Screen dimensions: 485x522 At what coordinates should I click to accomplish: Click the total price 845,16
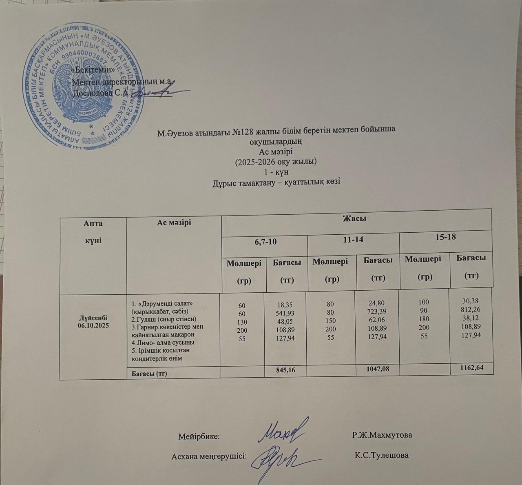pos(286,369)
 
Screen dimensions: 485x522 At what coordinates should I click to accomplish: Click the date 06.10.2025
pos(93,326)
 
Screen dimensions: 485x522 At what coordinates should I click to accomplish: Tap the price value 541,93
pos(285,313)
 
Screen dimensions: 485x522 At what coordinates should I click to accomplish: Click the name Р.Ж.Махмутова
pos(382,435)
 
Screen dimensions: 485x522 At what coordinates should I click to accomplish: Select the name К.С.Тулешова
pos(382,455)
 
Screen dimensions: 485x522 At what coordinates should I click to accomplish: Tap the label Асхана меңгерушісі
pos(209,456)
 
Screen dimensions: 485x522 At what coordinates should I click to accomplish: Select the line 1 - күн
pos(276,172)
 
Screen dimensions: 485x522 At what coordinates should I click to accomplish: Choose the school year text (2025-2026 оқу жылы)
pos(276,162)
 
